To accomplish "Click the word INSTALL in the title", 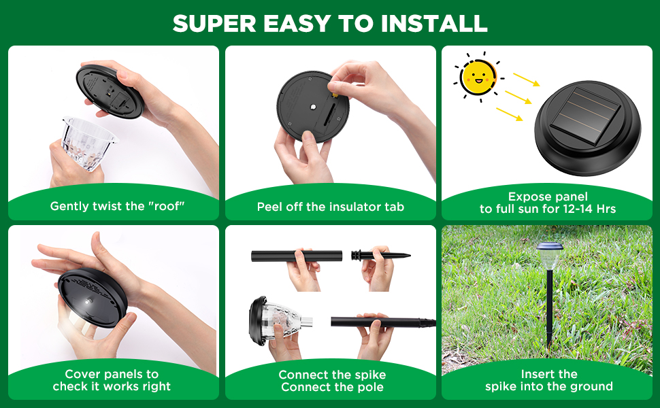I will [433, 23].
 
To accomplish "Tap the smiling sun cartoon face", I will [477, 78].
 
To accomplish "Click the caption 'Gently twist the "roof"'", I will [117, 206].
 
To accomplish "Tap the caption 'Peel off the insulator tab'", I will [331, 207].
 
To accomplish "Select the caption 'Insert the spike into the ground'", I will [548, 381].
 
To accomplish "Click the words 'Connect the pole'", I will [332, 388].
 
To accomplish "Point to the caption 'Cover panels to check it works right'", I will [112, 381].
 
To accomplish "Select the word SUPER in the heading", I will [215, 23].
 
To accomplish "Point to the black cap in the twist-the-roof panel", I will [111, 90].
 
